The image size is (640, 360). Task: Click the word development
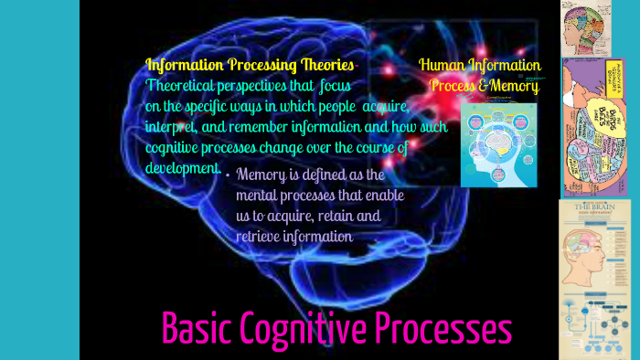pos(182,167)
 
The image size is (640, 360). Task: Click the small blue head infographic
pos(499,143)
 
